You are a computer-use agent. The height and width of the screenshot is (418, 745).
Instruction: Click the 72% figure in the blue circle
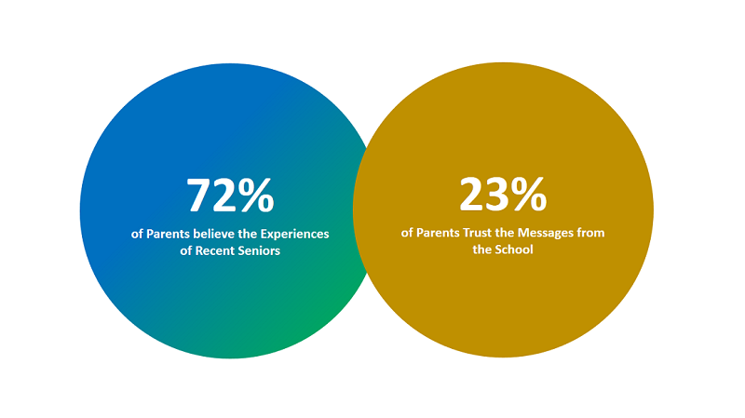click(x=230, y=195)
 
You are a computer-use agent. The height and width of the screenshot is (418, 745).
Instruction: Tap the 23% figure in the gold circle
click(x=503, y=194)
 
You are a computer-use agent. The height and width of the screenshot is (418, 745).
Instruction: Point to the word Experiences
click(x=294, y=235)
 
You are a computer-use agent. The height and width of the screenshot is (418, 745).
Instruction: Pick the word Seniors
click(x=257, y=250)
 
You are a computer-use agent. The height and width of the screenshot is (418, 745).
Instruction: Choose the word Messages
click(x=545, y=234)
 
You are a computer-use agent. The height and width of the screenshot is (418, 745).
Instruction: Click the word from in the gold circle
click(x=590, y=233)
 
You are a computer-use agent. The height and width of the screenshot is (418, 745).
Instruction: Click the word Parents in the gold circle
click(x=438, y=233)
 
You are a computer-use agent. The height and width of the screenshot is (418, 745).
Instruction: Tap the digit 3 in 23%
click(x=496, y=194)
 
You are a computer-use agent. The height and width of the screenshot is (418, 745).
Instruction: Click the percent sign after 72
click(x=256, y=195)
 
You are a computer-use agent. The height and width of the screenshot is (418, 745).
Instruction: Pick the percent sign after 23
click(x=529, y=194)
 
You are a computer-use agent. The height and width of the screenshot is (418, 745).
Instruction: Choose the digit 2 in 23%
click(x=471, y=194)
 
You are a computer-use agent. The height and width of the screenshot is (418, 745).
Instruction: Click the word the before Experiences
click(x=248, y=234)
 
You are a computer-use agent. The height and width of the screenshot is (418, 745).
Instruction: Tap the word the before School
click(x=481, y=249)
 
